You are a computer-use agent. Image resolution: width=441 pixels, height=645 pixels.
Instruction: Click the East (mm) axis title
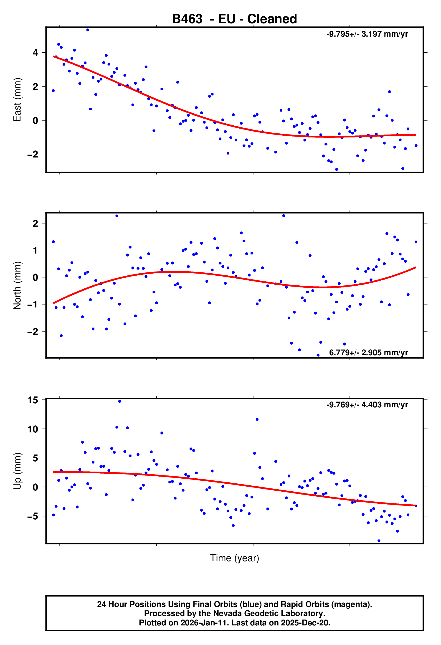tap(17, 100)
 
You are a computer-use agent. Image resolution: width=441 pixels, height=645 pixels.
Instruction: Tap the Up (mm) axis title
tap(17, 471)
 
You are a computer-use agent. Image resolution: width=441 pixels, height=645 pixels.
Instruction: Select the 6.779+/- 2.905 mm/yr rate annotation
tap(368, 353)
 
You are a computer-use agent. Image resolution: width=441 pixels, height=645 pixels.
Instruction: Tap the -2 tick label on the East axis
tap(33, 154)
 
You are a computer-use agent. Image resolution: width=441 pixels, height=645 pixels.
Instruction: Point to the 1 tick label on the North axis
tap(35, 250)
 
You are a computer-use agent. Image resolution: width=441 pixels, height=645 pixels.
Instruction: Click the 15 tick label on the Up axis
tap(33, 400)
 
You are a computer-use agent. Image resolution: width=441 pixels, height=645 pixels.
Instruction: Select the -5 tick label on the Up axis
tap(33, 516)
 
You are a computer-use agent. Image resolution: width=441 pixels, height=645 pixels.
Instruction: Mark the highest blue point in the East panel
tap(88, 30)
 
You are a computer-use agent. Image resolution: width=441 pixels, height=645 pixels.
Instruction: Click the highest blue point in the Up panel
tap(120, 401)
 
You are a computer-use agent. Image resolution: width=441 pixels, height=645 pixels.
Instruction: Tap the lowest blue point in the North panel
tap(318, 355)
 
